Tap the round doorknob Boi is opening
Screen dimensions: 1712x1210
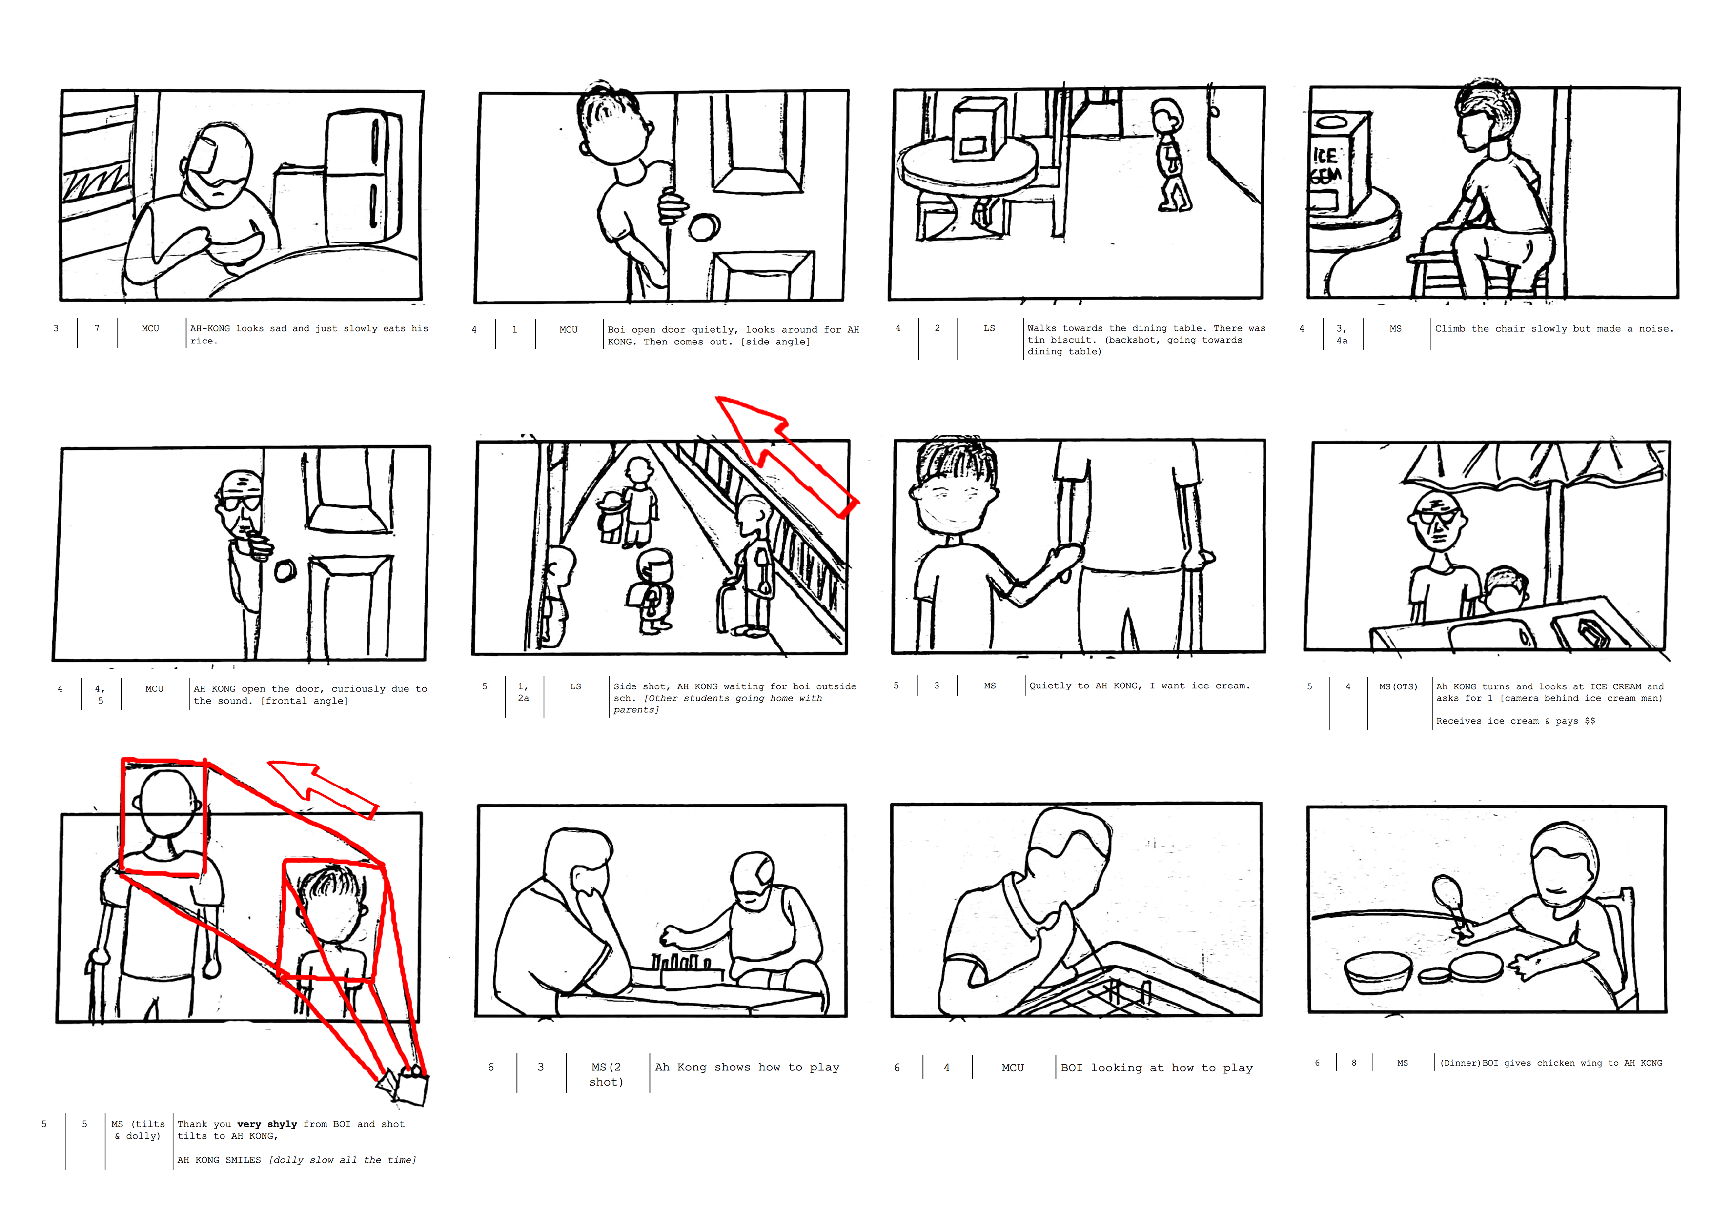[x=703, y=227]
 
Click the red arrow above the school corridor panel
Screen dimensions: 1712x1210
[x=787, y=455]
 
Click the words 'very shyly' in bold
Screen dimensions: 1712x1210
[x=267, y=1124]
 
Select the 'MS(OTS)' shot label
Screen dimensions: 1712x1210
[x=1397, y=686]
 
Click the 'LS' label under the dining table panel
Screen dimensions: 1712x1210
[x=989, y=328]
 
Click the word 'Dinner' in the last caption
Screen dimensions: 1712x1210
[x=1460, y=1063]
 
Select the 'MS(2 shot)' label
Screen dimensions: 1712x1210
[x=606, y=1074]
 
